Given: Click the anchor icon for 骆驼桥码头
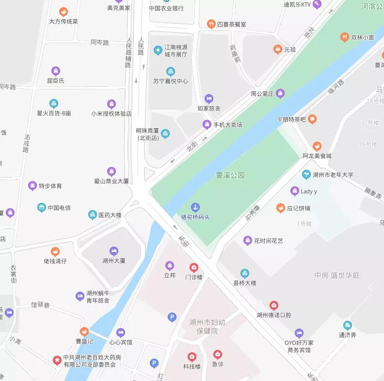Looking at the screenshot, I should [195, 207].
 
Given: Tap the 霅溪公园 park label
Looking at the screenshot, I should [230, 175].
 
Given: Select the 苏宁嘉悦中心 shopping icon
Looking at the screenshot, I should [170, 72].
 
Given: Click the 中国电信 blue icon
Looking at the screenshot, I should [42, 208].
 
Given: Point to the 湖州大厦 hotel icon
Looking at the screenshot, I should [114, 251].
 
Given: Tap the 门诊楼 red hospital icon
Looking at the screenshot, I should [193, 267].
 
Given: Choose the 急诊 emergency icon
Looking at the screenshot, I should [218, 354].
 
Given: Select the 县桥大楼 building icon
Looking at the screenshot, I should [245, 273].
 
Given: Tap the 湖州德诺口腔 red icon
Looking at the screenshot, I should [274, 305].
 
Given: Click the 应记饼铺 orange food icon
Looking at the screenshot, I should [280, 208].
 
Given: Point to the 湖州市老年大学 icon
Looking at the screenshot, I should [306, 175].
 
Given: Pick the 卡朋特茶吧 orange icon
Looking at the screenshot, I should [312, 119].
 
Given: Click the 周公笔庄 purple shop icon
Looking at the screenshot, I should [280, 93].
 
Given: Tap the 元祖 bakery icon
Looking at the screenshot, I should [277, 49].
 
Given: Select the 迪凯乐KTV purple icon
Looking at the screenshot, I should [317, 5].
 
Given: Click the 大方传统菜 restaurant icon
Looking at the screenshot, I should [63, 12].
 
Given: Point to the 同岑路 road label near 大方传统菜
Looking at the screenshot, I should [100, 42].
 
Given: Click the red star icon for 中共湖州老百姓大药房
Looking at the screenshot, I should [57, 360].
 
